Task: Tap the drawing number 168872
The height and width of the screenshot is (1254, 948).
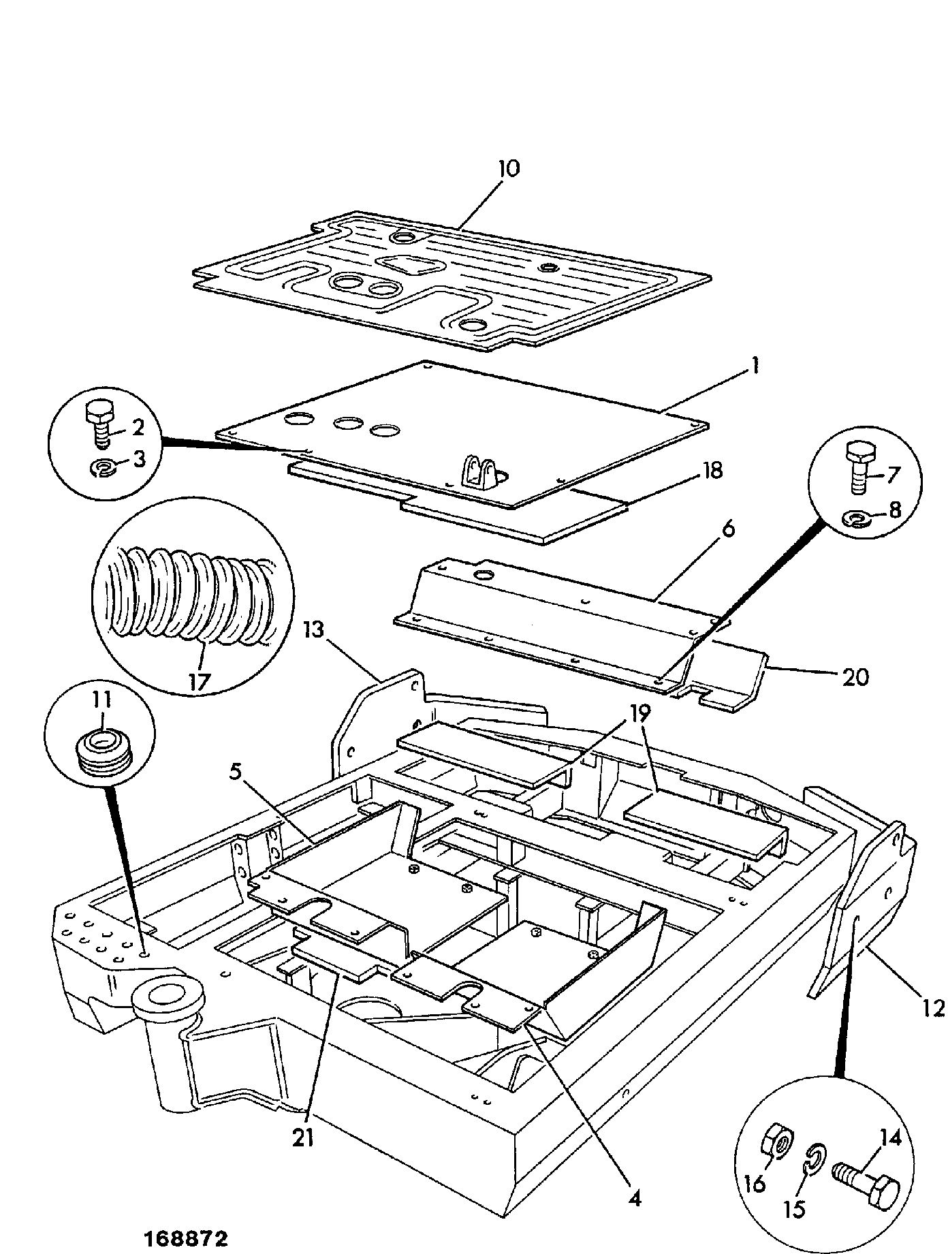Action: tap(185, 1238)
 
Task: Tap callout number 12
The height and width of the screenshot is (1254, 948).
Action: tap(934, 1006)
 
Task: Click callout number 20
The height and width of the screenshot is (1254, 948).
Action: tap(856, 676)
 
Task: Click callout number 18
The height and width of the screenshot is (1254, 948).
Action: tap(712, 470)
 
